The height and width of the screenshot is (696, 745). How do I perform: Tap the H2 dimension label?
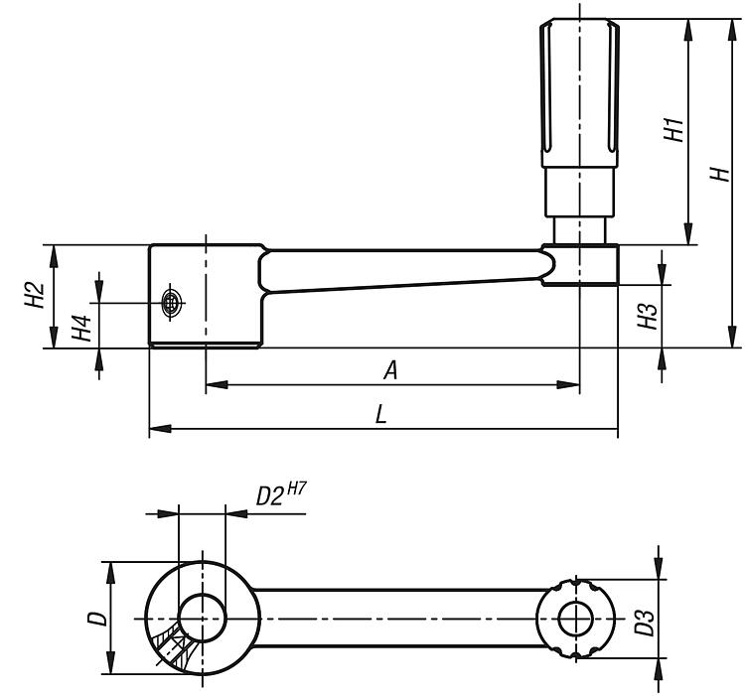pos(33,295)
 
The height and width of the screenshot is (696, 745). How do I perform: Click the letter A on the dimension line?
pos(390,370)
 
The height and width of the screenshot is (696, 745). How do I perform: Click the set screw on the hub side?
pos(173,301)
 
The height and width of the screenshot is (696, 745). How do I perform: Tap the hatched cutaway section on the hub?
pos(173,645)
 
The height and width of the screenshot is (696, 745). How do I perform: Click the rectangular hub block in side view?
pos(206,295)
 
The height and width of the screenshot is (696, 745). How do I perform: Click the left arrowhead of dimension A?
pos(213,382)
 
